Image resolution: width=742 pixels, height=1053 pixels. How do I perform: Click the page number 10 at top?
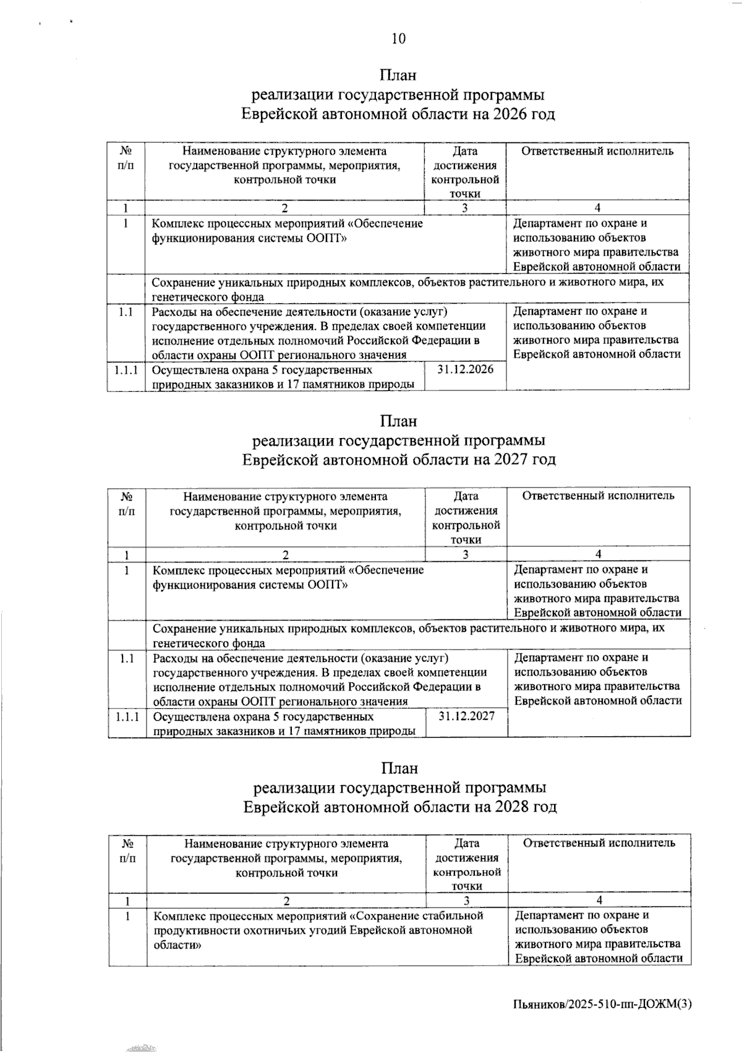tap(399, 39)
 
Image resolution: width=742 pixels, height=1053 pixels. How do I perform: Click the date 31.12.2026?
tap(465, 369)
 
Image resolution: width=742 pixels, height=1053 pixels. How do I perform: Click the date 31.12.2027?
tap(466, 716)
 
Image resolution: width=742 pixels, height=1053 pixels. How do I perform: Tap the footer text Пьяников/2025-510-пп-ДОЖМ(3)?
tap(602, 1005)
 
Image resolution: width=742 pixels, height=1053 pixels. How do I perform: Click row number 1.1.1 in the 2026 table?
tap(126, 370)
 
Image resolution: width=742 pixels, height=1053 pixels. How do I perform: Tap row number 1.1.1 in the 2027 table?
tap(127, 716)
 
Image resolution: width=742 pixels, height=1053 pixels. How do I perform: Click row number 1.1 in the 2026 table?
tap(126, 312)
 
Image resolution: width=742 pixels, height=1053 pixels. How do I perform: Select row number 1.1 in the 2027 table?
tap(127, 658)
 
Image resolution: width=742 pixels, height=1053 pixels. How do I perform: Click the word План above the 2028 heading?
tap(399, 768)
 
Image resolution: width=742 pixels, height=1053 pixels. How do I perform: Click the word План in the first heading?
tap(398, 75)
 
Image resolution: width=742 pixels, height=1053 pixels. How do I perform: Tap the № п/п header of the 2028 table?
tap(128, 850)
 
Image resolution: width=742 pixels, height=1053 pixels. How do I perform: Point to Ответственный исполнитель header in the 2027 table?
tap(598, 496)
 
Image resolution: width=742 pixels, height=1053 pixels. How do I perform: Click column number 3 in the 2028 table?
tap(467, 900)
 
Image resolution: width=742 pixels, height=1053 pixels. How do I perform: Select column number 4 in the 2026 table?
tap(597, 208)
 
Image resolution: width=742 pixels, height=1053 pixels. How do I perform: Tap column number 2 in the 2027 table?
tap(285, 554)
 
